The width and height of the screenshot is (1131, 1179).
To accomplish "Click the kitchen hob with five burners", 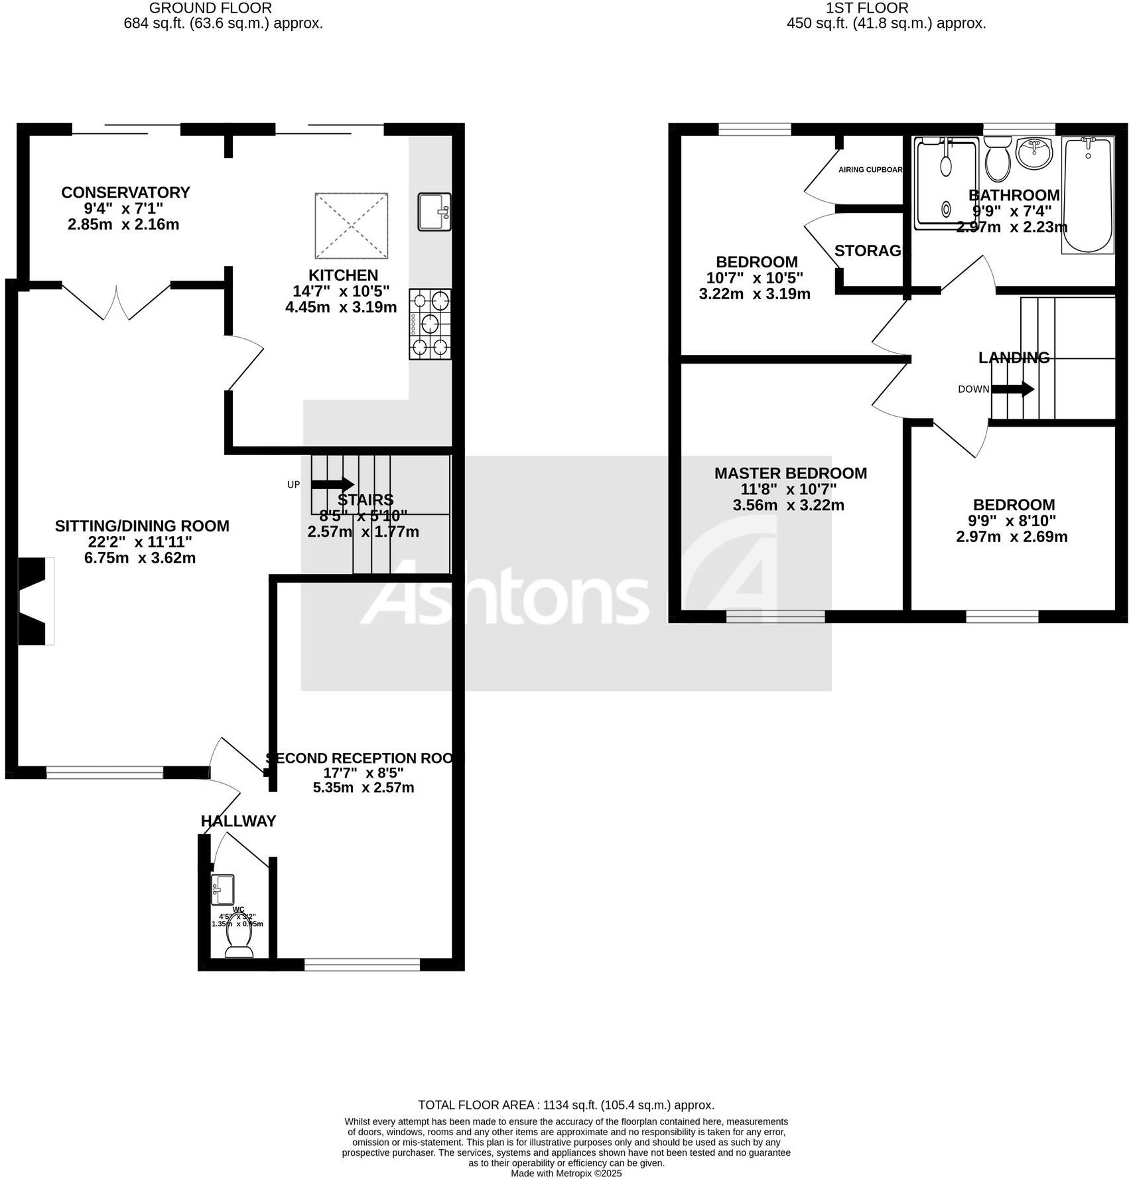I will coord(431,324).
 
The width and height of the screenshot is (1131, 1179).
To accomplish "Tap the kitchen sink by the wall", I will coord(434,212).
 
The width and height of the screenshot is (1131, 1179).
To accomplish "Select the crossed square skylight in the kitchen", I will coord(351,226).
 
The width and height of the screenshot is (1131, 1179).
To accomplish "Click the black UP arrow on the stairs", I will coord(332,484).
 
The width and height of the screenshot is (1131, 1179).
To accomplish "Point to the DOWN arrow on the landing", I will coord(1013,389).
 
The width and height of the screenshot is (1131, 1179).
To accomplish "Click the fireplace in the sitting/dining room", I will coord(34,601).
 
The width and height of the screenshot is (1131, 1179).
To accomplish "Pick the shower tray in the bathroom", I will coord(946,182).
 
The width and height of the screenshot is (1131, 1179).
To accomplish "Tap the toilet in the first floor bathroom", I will coord(997,160).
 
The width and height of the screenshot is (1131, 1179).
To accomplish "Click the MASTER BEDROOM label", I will coord(790,474).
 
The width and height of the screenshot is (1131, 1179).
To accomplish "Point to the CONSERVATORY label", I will coord(125,192).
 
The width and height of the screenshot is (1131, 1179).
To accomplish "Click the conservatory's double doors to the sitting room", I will coord(117,302).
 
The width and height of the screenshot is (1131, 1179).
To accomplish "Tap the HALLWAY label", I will coord(238,821).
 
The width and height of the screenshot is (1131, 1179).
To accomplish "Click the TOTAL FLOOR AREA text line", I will coord(566,1105).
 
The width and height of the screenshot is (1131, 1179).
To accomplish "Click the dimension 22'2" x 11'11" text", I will coord(140,542).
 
